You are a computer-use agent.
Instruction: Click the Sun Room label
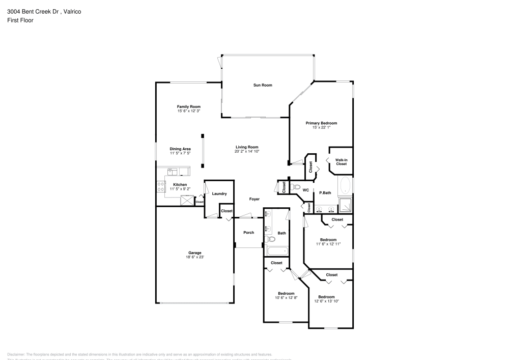(263, 85)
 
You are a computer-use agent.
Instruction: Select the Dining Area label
(180, 149)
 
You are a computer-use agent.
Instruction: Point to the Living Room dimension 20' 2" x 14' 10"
(247, 152)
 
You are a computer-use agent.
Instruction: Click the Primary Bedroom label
(321, 123)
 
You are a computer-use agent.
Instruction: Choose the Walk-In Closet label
(341, 162)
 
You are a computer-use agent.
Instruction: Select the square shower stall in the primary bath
(346, 205)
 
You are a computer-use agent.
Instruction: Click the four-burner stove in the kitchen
(160, 186)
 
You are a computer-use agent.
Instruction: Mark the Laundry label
(219, 193)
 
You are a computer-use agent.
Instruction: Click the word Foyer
(254, 199)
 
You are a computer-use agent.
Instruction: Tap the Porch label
(248, 233)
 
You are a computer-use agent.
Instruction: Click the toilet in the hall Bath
(271, 239)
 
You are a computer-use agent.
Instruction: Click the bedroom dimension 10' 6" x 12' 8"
(286, 298)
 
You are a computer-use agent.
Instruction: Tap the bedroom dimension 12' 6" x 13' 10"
(326, 301)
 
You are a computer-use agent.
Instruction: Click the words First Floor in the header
(20, 20)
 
